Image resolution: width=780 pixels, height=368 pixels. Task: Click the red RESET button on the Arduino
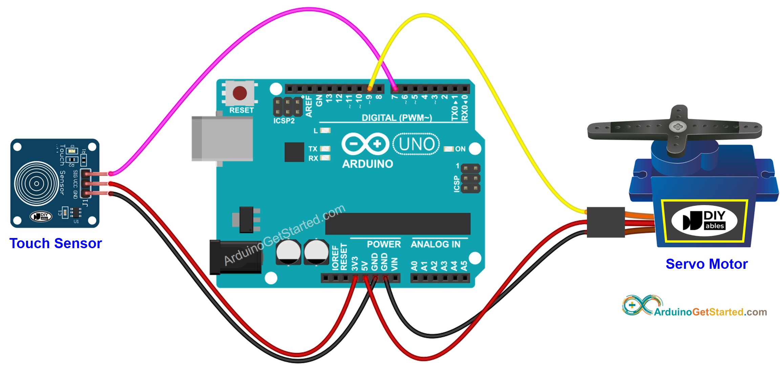[x=240, y=93]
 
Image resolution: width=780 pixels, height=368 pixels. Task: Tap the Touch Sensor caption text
[x=56, y=243]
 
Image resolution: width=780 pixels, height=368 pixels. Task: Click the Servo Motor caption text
[x=707, y=264]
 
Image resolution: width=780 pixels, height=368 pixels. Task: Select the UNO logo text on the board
[x=416, y=144]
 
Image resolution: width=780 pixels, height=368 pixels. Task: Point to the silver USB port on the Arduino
[x=222, y=139]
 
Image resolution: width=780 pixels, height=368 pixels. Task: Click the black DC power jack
[x=235, y=257]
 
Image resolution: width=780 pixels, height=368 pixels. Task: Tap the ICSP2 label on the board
[x=284, y=121]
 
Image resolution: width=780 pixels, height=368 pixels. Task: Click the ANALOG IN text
[x=436, y=244]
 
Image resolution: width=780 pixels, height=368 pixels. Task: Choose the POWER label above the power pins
[x=384, y=244]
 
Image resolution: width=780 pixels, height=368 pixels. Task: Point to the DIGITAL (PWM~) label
[x=397, y=118]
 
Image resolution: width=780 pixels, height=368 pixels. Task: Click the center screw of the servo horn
[x=677, y=127]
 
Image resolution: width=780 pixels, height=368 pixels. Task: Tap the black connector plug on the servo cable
[x=606, y=222]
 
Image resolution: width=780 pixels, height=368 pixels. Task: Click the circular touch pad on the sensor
[x=36, y=184]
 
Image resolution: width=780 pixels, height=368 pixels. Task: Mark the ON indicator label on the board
[x=460, y=149]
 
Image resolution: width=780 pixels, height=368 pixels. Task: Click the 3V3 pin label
[x=355, y=263]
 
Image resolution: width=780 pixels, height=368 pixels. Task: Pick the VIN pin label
[x=394, y=264]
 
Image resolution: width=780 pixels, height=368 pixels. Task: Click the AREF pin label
[x=309, y=106]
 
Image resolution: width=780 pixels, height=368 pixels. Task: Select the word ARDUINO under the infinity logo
[x=367, y=164]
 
